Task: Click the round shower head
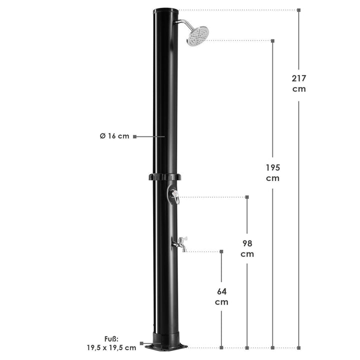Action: point(197,36)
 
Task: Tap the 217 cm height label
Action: point(299,83)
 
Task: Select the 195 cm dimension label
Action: point(273,173)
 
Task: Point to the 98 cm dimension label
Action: point(247,248)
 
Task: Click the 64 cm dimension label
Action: point(221,296)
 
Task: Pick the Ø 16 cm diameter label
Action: point(114,136)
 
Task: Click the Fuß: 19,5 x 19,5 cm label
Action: point(111,343)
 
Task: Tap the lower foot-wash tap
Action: point(180,244)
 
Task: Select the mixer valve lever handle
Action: point(176,197)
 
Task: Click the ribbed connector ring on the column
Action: point(164,177)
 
